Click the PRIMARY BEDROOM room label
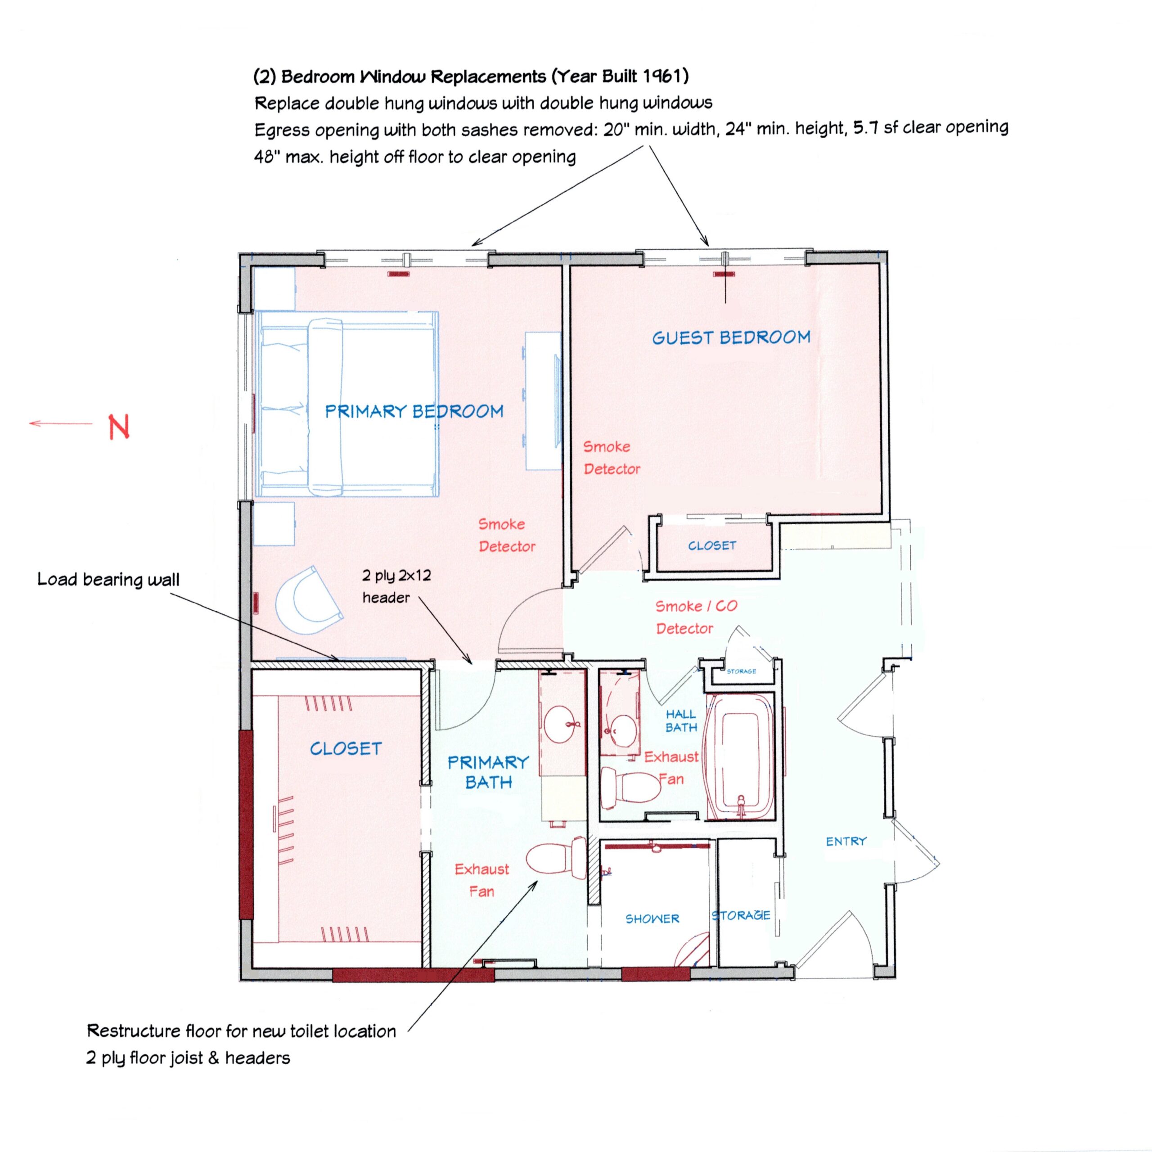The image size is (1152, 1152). tap(414, 411)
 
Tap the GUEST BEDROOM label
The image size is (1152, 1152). tap(731, 337)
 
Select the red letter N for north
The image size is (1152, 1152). tap(119, 427)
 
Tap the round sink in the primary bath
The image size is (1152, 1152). tap(561, 725)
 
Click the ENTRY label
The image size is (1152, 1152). tap(846, 841)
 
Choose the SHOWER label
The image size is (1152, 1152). tap(652, 919)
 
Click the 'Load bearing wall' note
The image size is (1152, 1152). tap(108, 580)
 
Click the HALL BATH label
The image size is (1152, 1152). tap(681, 720)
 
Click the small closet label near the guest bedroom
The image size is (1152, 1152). tap(712, 545)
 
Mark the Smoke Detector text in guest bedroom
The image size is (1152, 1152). tap(611, 457)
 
